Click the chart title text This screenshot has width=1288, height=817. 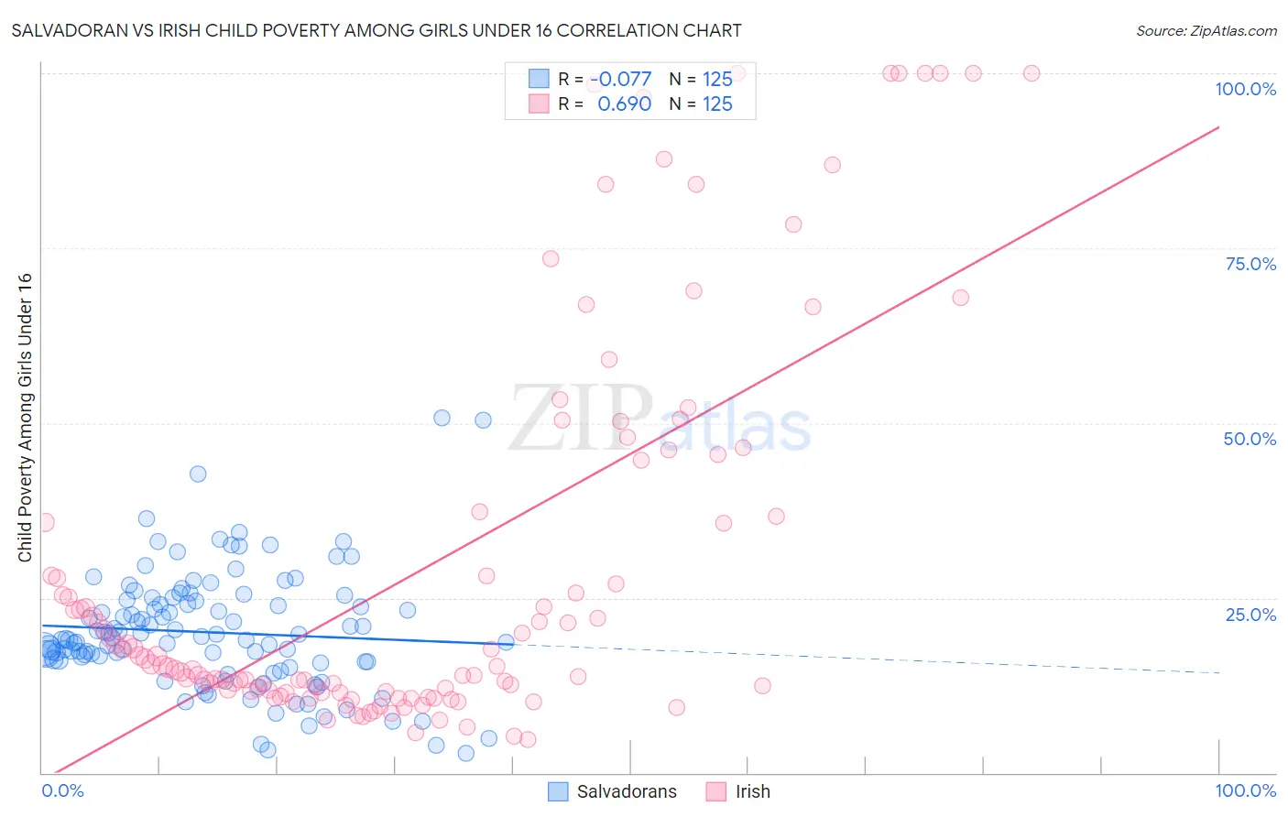tap(377, 30)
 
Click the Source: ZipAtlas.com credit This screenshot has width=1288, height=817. tap(1206, 30)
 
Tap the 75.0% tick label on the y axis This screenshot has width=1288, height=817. tap(1250, 264)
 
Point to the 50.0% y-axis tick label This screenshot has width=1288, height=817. tap(1250, 439)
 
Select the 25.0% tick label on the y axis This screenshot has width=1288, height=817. tap(1250, 615)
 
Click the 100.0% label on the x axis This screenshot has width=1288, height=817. tap(1245, 790)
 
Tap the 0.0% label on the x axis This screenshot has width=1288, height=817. tap(62, 790)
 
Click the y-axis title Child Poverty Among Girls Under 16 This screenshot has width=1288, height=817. tap(25, 418)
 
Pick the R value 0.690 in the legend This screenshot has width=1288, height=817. tap(624, 104)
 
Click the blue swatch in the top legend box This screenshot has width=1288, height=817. tap(539, 79)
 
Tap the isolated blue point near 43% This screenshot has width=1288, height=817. tap(198, 474)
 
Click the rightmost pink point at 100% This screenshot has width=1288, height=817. tap(1031, 73)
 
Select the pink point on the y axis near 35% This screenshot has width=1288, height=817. tap(45, 522)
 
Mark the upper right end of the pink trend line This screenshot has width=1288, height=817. tap(1218, 127)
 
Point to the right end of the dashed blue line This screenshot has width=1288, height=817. tap(1218, 672)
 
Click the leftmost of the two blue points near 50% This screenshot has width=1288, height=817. tap(442, 418)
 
